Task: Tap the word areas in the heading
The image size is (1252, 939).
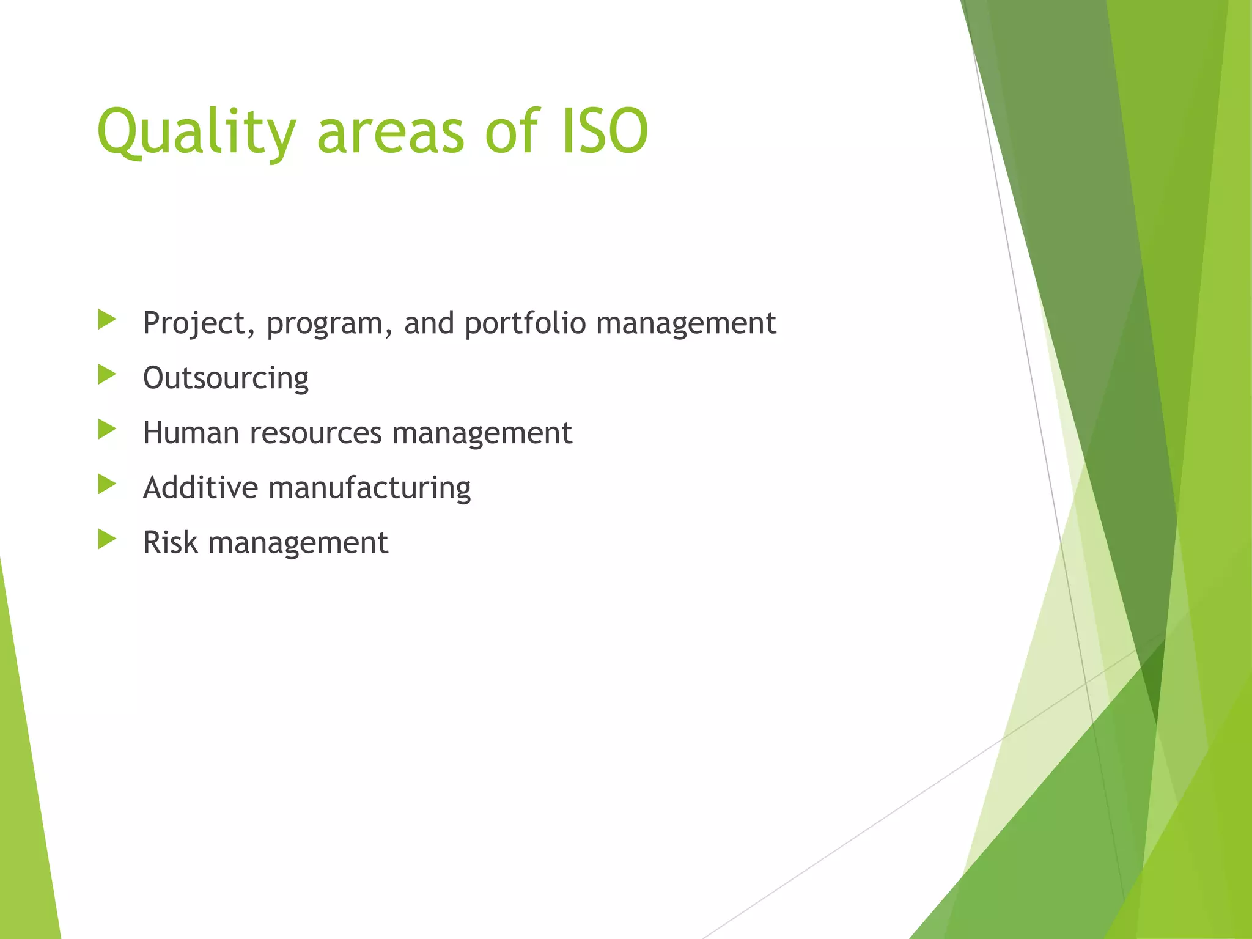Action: point(391,132)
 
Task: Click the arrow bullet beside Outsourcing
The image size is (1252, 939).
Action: point(106,374)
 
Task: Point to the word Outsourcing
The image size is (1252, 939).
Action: point(226,378)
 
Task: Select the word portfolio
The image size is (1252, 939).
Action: point(525,323)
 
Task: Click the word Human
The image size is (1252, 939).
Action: point(191,433)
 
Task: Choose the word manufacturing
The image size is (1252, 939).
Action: point(369,488)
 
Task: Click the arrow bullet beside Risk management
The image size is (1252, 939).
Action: point(106,539)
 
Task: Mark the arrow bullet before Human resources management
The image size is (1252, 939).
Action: point(106,429)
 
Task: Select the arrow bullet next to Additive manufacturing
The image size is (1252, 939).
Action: point(106,484)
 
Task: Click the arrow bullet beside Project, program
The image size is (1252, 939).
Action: point(106,319)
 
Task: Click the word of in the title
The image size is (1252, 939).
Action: point(512,131)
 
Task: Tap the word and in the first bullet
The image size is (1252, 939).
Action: point(429,323)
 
